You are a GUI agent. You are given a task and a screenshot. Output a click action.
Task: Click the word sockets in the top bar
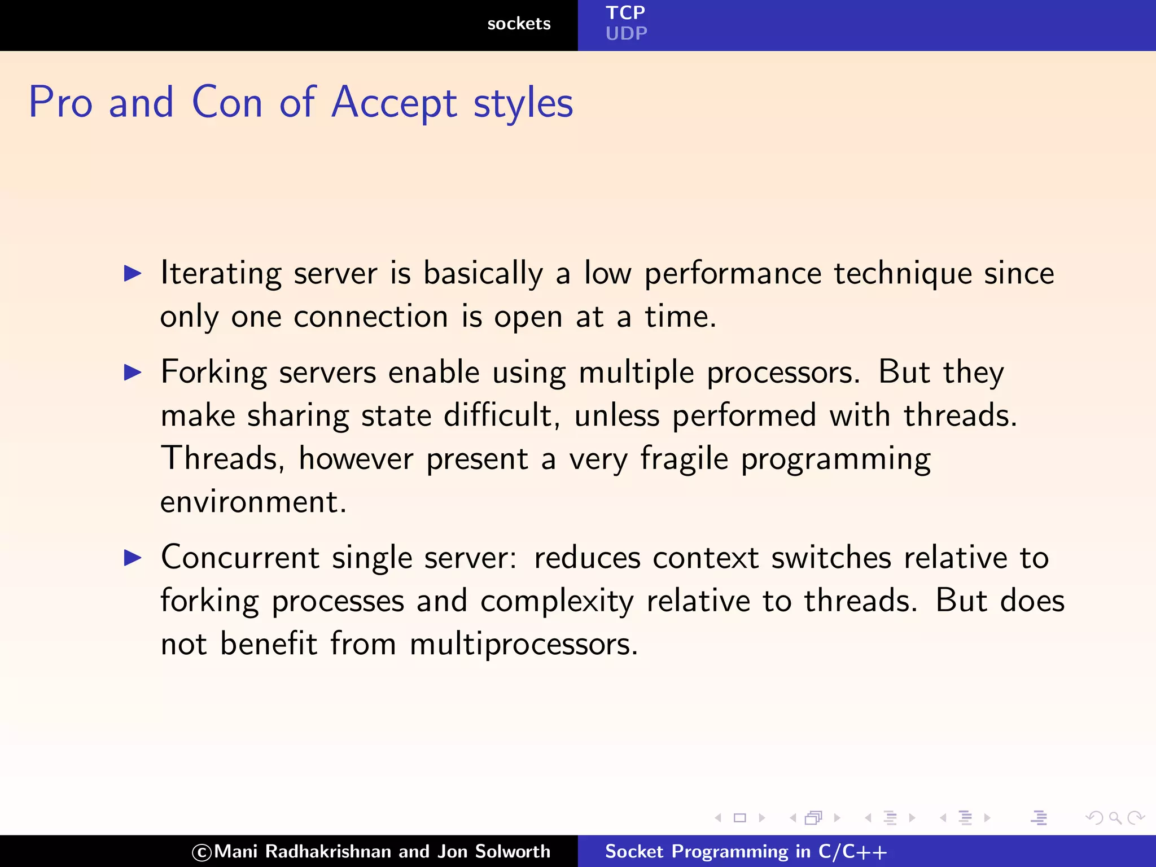tap(519, 24)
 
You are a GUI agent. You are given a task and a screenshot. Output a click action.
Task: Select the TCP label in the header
tap(625, 12)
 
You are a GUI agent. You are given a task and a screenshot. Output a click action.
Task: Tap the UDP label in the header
tap(626, 34)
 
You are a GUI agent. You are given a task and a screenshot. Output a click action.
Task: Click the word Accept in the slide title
tap(394, 103)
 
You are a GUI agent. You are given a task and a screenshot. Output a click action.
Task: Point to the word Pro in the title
tap(60, 103)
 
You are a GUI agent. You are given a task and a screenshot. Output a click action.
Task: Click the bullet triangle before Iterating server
tap(133, 274)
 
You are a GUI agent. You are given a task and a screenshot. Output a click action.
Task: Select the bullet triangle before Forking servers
tap(133, 373)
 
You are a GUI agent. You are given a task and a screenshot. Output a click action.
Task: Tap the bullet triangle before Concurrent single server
tap(133, 558)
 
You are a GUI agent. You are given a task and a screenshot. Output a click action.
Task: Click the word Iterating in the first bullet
tap(221, 274)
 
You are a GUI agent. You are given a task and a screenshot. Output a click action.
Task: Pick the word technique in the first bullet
tap(903, 274)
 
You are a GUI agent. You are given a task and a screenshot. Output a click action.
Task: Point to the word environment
tap(252, 502)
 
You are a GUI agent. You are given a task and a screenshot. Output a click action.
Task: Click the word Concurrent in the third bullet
tap(240, 558)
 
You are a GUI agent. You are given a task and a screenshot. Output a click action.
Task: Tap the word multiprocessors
tap(523, 644)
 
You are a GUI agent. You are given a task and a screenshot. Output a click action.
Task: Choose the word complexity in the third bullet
tap(557, 601)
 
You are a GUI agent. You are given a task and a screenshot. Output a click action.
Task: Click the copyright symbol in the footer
tap(202, 852)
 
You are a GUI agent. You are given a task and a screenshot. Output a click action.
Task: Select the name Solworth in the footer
tap(512, 851)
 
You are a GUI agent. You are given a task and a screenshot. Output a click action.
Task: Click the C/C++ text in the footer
tap(852, 851)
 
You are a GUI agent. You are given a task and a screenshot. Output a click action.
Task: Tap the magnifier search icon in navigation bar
tap(1115, 817)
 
